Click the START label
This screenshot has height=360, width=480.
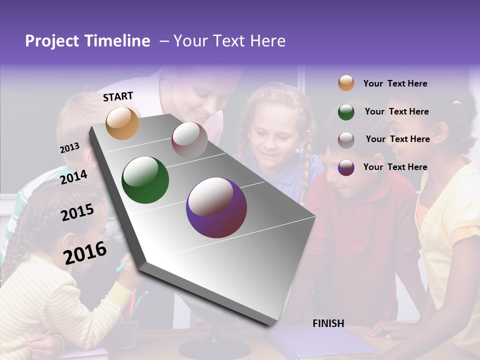[x=118, y=96]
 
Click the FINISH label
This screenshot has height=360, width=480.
[x=328, y=323]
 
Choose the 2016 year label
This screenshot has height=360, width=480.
[x=85, y=252]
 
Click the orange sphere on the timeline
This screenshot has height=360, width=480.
[x=122, y=123]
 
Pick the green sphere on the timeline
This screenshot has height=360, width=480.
[x=145, y=180]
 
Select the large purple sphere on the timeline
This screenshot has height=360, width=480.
[x=216, y=207]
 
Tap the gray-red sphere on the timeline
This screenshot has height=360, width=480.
[x=189, y=140]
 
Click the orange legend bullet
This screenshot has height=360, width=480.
[x=346, y=83]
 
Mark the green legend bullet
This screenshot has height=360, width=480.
[x=346, y=111]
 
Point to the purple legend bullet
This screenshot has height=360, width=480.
[x=346, y=167]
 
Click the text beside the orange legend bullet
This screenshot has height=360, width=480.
[x=395, y=83]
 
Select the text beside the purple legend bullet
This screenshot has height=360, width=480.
[x=395, y=167]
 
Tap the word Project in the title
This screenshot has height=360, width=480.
[x=52, y=41]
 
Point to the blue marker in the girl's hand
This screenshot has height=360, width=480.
[x=123, y=266]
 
